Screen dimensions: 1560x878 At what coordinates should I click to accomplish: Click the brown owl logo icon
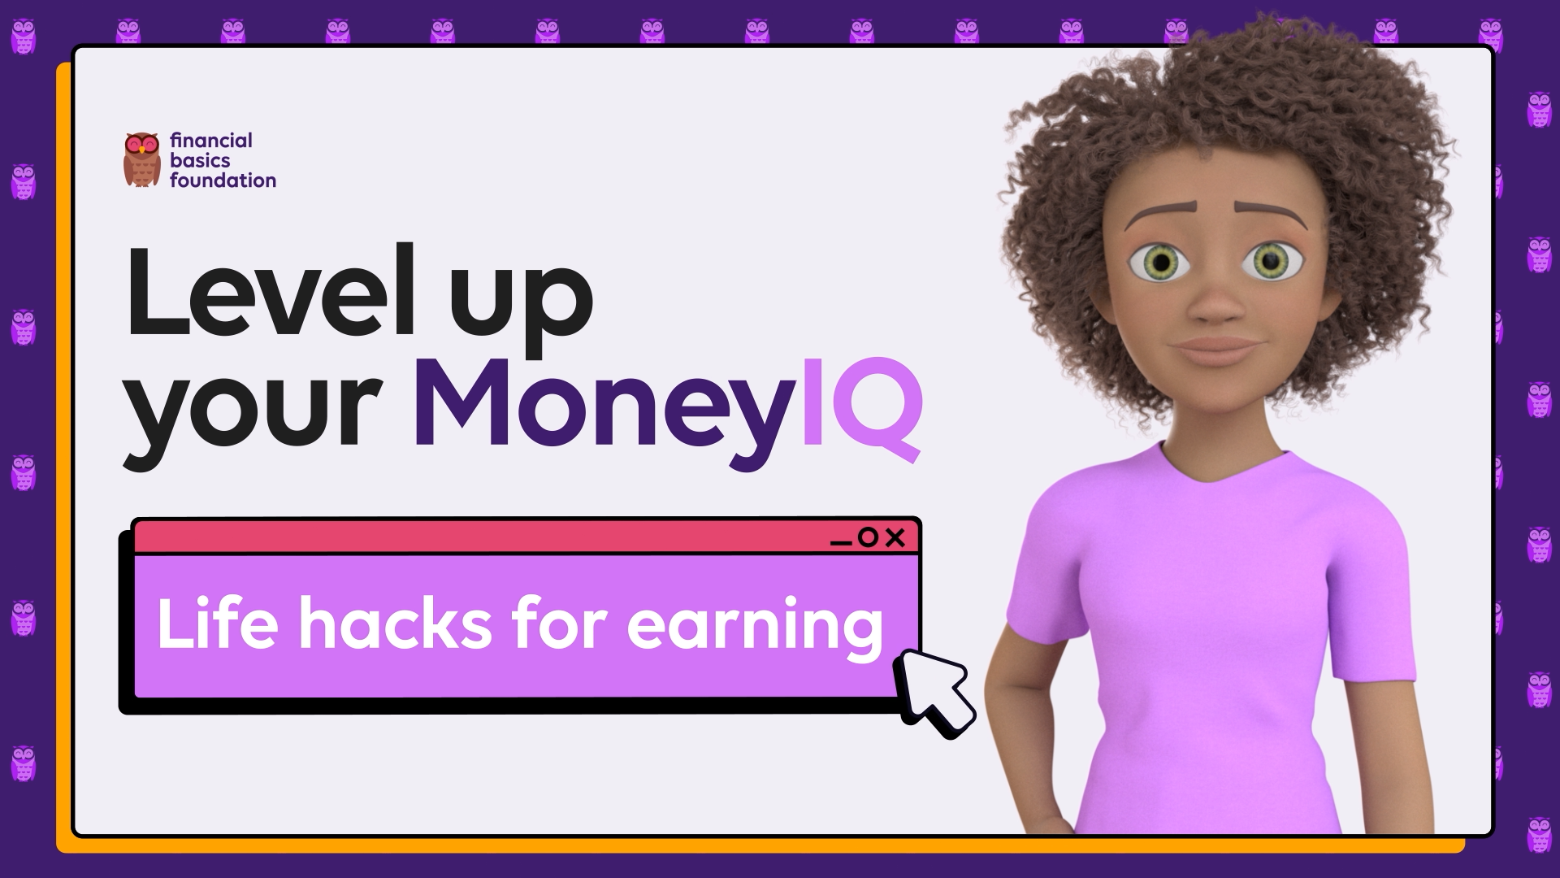click(142, 159)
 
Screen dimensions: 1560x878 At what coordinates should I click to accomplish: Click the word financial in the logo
click(211, 141)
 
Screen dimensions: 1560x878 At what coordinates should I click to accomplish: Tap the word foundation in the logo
click(223, 180)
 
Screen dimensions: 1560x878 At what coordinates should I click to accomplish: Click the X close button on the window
click(895, 537)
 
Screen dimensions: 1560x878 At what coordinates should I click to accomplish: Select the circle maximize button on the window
click(868, 537)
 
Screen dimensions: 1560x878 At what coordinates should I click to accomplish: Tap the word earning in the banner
click(756, 629)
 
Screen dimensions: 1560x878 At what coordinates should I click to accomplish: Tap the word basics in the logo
click(200, 160)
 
